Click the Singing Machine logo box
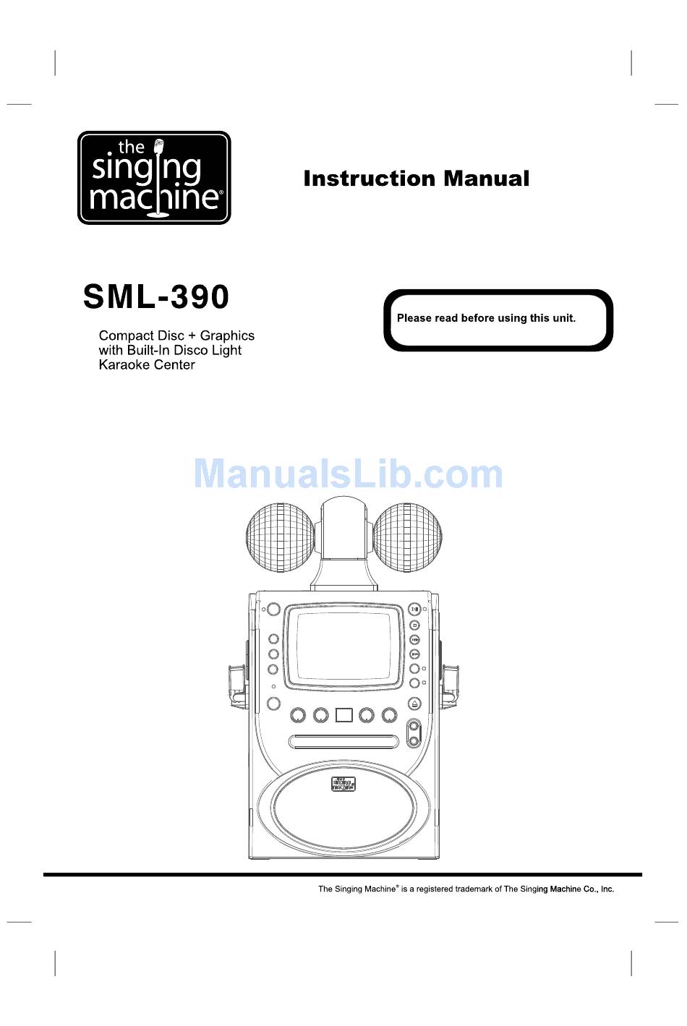154,178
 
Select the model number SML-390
156,296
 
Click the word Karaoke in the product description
121,365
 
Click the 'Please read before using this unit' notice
486,318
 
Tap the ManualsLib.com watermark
348,474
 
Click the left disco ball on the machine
280,537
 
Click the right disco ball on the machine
407,537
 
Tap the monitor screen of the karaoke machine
343,644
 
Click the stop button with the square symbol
414,625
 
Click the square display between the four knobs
343,715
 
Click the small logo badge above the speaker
343,784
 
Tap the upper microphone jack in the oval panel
414,727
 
